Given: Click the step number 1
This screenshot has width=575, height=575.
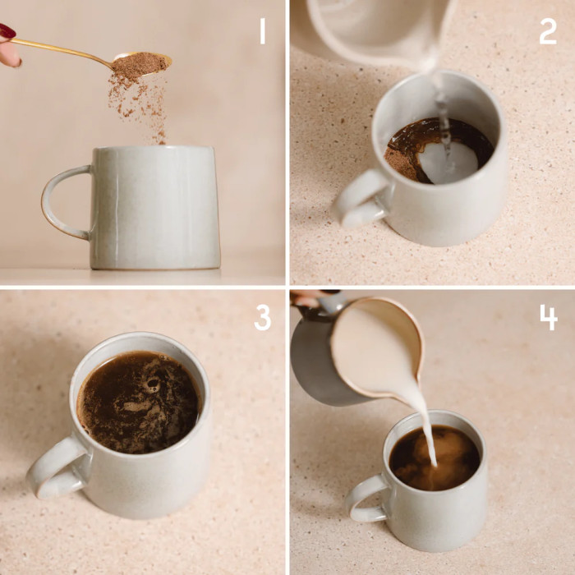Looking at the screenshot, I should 262,31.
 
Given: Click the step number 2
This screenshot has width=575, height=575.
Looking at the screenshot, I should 547,31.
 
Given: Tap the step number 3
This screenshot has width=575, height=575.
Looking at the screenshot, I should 262,316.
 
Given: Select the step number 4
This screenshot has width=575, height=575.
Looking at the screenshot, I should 548,316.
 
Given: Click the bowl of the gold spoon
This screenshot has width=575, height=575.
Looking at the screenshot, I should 140,62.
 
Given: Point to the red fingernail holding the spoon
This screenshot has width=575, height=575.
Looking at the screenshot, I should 7,31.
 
